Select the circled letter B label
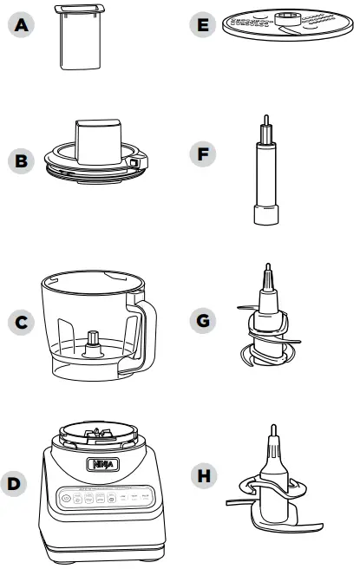19,160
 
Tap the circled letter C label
19,323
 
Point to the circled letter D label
19,480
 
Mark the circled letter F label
202,156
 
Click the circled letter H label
202,475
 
